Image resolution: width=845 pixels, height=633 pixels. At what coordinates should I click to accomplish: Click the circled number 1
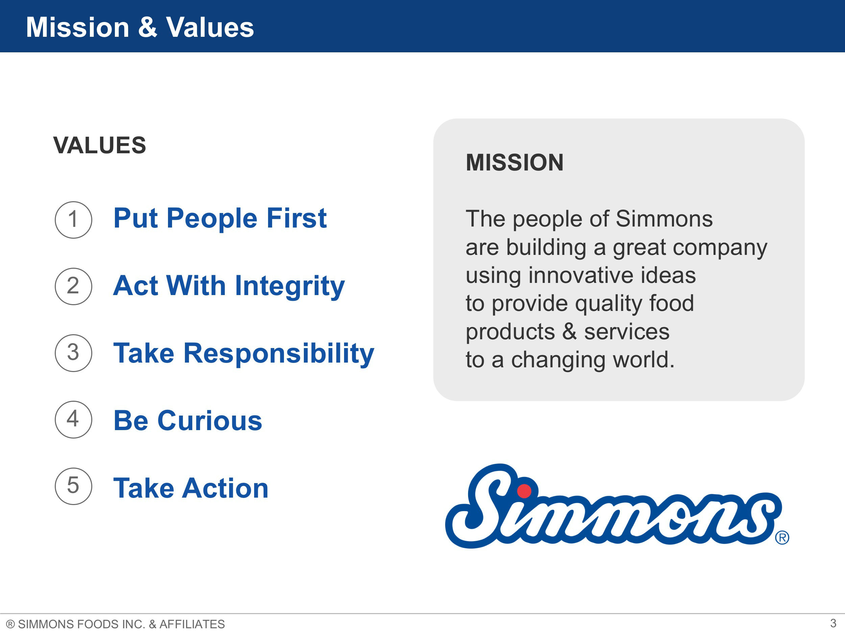click(x=73, y=220)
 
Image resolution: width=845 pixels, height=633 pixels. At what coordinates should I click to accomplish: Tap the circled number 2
click(x=73, y=286)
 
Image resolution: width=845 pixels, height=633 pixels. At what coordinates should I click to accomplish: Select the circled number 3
click(x=73, y=353)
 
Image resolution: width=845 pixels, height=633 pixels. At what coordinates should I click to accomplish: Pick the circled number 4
click(x=73, y=419)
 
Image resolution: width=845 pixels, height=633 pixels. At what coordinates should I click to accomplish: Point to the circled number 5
click(x=73, y=486)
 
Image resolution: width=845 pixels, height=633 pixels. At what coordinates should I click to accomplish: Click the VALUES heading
click(x=100, y=146)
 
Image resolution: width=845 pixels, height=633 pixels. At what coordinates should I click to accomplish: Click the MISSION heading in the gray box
click(x=514, y=162)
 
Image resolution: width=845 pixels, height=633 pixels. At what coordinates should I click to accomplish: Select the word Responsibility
click(x=279, y=353)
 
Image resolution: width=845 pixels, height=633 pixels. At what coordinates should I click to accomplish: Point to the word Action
click(x=225, y=488)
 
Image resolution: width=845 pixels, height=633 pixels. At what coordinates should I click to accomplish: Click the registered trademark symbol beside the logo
click(x=782, y=537)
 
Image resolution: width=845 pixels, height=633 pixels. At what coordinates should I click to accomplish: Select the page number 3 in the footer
click(x=833, y=624)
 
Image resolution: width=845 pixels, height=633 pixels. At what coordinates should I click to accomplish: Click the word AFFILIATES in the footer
click(x=192, y=624)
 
